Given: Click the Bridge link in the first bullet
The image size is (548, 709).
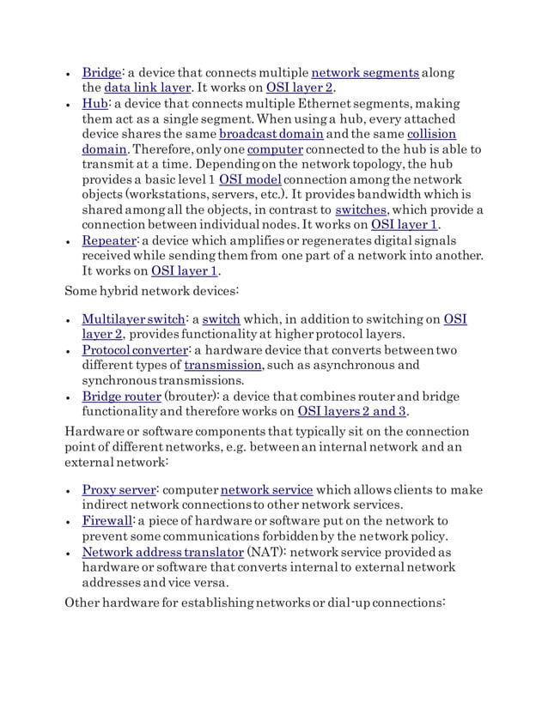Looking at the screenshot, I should (x=100, y=71).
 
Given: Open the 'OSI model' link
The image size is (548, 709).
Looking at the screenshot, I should (x=250, y=180).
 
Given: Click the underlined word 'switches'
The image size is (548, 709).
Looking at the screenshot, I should (x=360, y=211).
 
